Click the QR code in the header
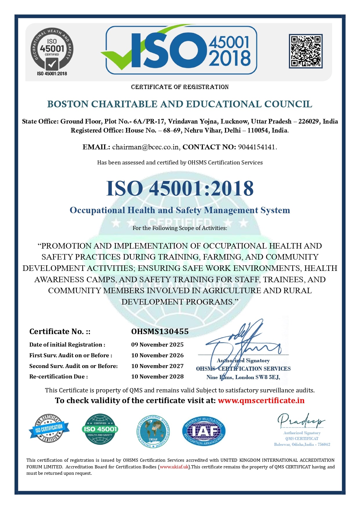(305, 51)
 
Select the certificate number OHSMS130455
(160, 332)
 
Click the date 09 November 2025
(157, 345)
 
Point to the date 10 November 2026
(157, 355)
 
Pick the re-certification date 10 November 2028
(157, 376)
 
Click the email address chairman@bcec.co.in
(146, 147)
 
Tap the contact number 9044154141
(256, 147)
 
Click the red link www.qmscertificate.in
(261, 401)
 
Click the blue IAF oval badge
(204, 431)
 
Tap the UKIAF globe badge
(153, 431)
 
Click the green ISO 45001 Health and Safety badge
(100, 429)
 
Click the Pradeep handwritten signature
(301, 420)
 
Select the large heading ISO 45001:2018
(180, 189)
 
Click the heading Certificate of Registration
(180, 87)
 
